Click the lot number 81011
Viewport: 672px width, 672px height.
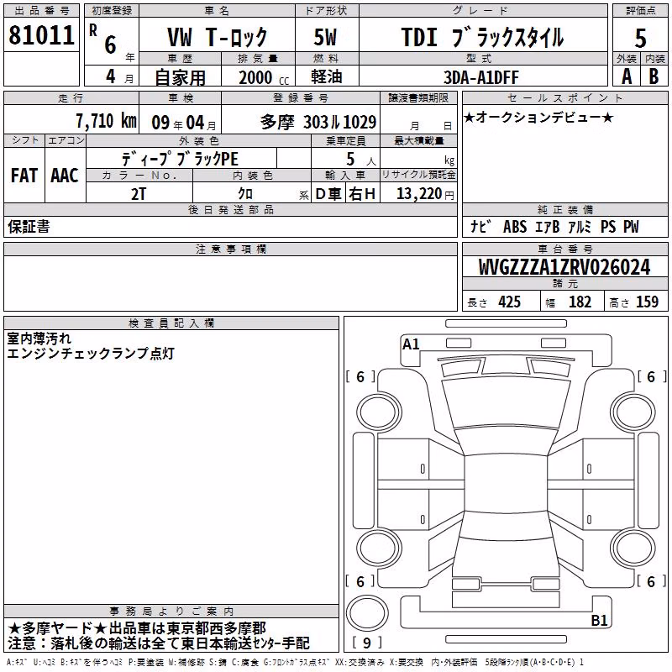tap(41, 35)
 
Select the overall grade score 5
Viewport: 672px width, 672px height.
tap(640, 38)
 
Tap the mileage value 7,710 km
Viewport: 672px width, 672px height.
tap(107, 121)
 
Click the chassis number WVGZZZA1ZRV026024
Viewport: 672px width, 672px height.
tap(564, 267)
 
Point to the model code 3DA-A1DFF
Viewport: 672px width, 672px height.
tap(480, 77)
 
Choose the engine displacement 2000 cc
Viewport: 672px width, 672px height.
tap(264, 77)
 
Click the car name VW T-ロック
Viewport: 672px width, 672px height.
tap(218, 37)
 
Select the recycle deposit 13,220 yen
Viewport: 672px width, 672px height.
tap(425, 194)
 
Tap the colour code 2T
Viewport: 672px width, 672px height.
tap(139, 194)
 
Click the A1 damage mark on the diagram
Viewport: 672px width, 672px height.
tap(411, 344)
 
